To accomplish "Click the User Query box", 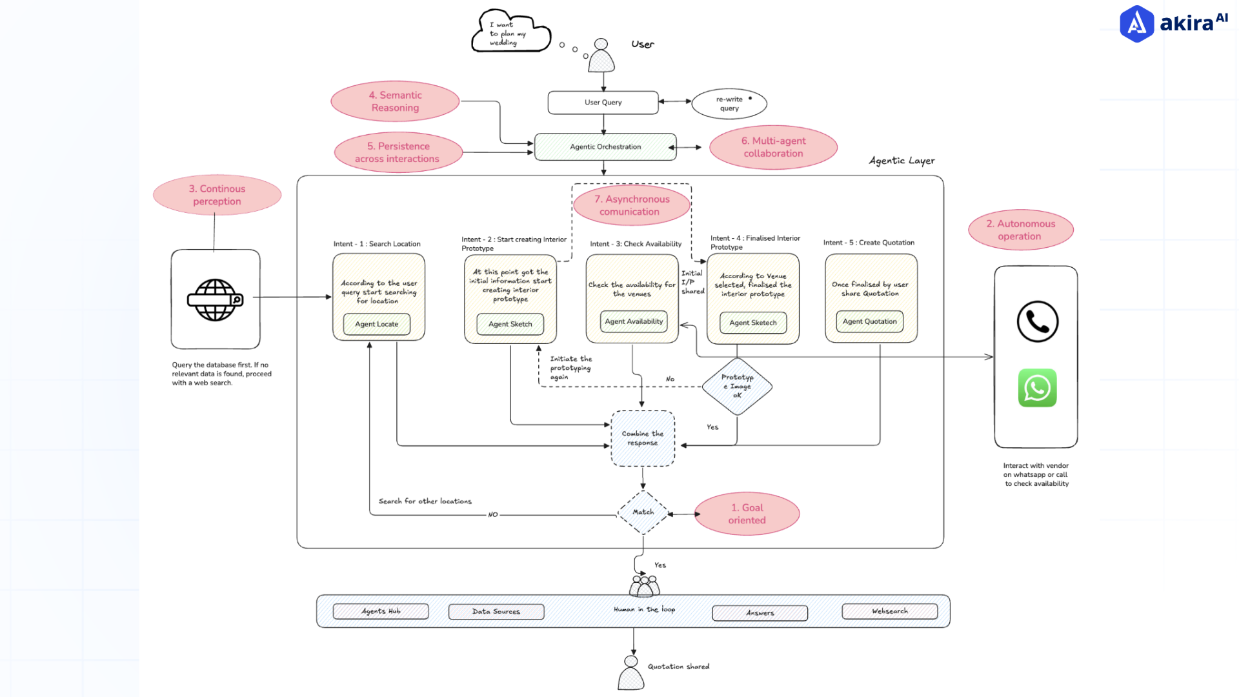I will click(603, 103).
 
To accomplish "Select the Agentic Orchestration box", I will click(605, 147).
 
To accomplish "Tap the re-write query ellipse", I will click(729, 104).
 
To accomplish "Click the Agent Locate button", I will click(377, 324).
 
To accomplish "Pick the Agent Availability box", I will click(634, 321).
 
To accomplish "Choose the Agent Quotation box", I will click(869, 321).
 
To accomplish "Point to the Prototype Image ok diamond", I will click(737, 386).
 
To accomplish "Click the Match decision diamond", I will click(643, 512).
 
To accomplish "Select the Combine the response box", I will click(643, 439).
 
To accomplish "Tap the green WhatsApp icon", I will click(1037, 388).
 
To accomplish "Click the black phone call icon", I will click(1037, 321).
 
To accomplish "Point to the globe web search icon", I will click(215, 299).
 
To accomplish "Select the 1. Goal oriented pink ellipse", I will click(747, 514).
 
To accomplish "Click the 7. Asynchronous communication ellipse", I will click(631, 205).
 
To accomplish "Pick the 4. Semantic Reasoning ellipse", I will click(395, 101).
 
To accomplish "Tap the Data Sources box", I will click(496, 611).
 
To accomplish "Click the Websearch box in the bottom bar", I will click(889, 611).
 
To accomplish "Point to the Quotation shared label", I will click(678, 667).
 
